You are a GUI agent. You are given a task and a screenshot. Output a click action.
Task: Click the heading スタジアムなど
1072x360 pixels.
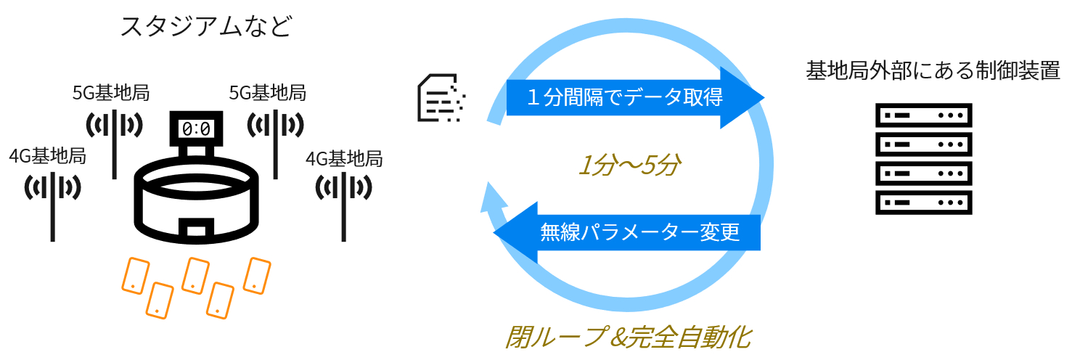coord(205,27)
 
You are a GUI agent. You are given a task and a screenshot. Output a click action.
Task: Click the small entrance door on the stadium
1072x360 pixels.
coord(196,231)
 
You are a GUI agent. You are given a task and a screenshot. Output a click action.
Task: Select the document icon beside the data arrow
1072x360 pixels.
coord(440,97)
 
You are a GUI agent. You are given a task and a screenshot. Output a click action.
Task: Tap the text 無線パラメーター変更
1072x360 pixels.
coord(639,232)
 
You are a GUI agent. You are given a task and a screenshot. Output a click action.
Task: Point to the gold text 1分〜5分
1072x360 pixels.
coord(628,166)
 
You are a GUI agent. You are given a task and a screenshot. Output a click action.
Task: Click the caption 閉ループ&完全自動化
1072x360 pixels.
coord(627,337)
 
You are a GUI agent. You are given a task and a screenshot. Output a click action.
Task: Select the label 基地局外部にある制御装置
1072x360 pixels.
coord(933,71)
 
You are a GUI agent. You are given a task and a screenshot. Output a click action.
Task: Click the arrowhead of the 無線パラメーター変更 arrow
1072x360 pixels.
coord(511,233)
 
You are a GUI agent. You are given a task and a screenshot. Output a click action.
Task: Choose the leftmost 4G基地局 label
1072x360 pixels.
coord(48,156)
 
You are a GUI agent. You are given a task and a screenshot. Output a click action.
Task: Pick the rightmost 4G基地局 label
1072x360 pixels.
coord(344,157)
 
